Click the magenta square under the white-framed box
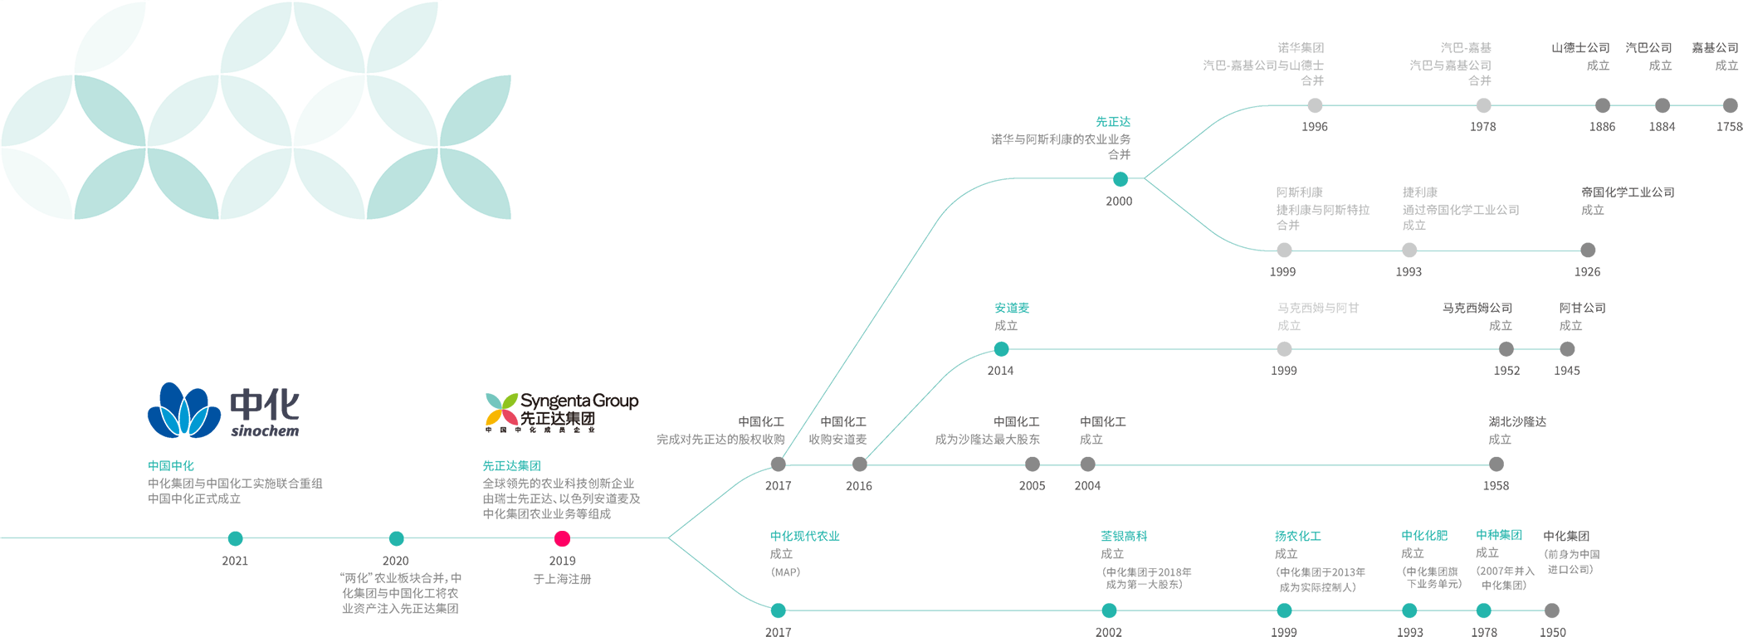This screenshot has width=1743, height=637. tap(562, 538)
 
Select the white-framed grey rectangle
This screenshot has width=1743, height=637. tap(560, 498)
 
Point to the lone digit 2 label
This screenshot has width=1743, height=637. tap(546, 562)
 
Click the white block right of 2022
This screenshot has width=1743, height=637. tap(258, 562)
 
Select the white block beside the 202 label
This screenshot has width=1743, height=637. tap(433, 562)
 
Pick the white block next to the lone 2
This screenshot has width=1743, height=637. tap(579, 562)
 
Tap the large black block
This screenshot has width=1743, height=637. tap(593, 348)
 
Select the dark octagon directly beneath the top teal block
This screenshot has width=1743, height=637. tap(1116, 232)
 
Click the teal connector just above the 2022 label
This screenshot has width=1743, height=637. tap(236, 531)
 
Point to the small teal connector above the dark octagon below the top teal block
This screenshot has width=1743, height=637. tap(1120, 178)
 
